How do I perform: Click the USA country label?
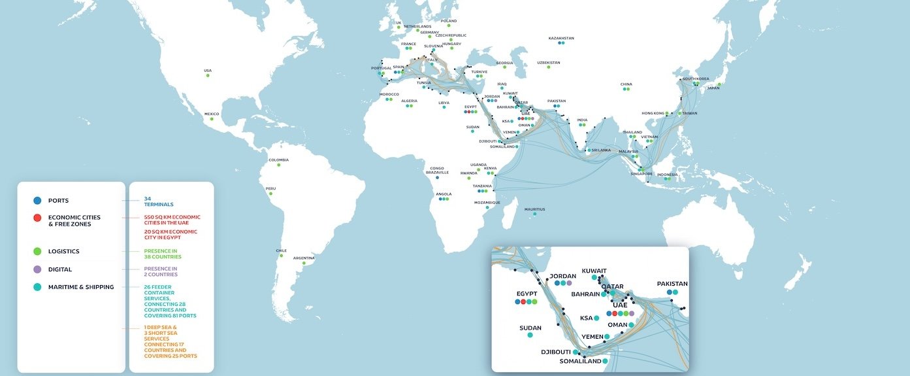tap(208, 71)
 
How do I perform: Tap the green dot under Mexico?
tap(207, 119)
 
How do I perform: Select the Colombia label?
tap(278, 160)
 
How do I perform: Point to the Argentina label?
tap(304, 258)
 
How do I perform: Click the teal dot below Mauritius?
tap(534, 214)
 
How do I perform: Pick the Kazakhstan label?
tap(561, 38)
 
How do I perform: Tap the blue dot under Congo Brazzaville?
tap(437, 177)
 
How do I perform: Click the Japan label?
tap(713, 88)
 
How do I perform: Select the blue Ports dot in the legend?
tap(37, 201)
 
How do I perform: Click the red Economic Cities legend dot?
tap(37, 218)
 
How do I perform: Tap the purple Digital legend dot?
tap(37, 269)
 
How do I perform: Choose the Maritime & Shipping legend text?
tap(81, 287)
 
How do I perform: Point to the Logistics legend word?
tap(64, 251)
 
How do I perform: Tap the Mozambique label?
tap(487, 202)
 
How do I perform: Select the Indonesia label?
tap(667, 175)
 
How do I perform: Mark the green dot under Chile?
tap(281, 256)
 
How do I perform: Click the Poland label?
tap(449, 21)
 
